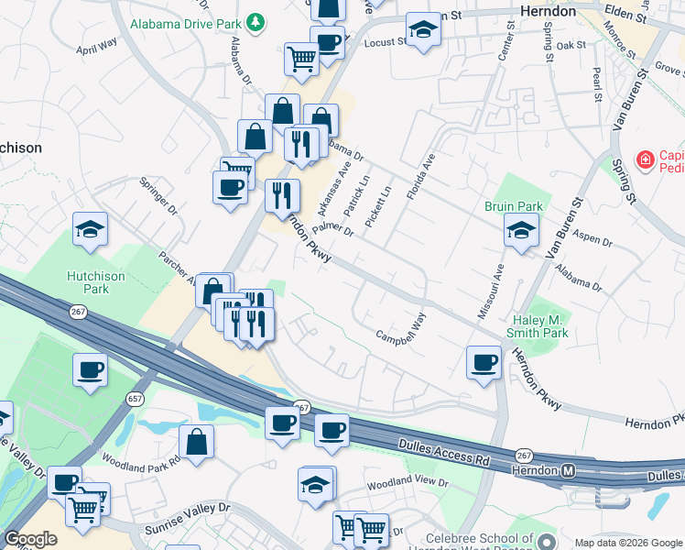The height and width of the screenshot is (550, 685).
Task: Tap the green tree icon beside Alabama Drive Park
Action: coord(258,21)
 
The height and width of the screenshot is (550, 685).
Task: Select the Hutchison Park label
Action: coord(100,282)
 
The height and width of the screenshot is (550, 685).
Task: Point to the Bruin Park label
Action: coord(514,206)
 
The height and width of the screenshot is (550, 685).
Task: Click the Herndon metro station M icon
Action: coord(568,471)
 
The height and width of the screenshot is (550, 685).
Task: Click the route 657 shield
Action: coord(135,399)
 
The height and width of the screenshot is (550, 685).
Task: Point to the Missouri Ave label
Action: coord(488,292)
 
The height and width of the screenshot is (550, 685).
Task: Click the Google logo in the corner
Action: coord(30,539)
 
